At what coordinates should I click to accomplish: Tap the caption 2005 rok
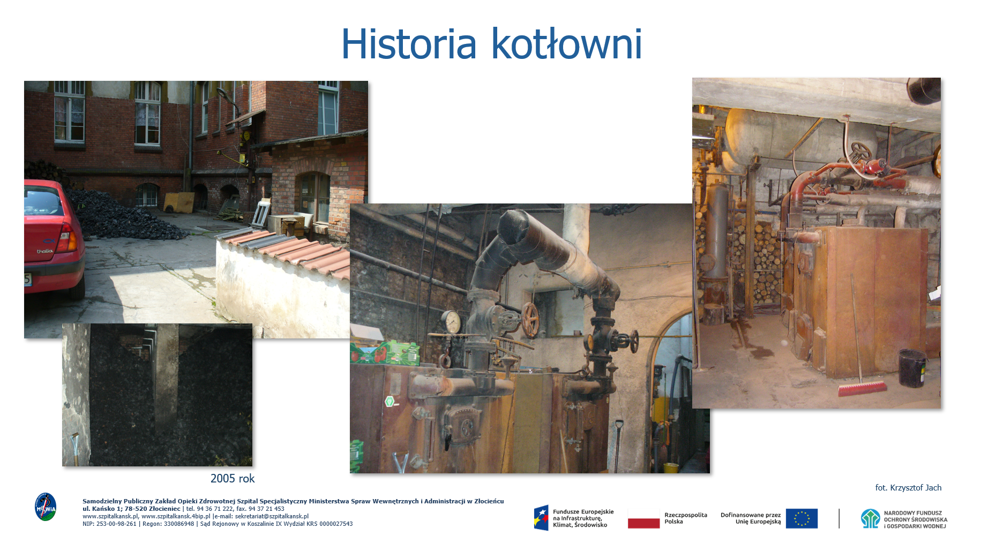[233, 479]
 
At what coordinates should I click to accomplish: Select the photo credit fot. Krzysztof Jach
[908, 488]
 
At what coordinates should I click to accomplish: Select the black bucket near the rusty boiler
[912, 368]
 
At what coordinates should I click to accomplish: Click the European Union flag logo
[802, 518]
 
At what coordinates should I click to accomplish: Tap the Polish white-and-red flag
[643, 518]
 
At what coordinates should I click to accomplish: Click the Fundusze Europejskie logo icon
[541, 518]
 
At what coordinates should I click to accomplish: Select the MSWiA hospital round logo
[46, 507]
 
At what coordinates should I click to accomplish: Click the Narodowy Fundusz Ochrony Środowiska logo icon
[870, 518]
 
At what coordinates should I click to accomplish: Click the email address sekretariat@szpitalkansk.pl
[272, 517]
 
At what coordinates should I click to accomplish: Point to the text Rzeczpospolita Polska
[686, 518]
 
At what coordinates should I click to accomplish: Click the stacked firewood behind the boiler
[761, 257]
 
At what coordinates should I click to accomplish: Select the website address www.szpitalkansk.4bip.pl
[176, 517]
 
